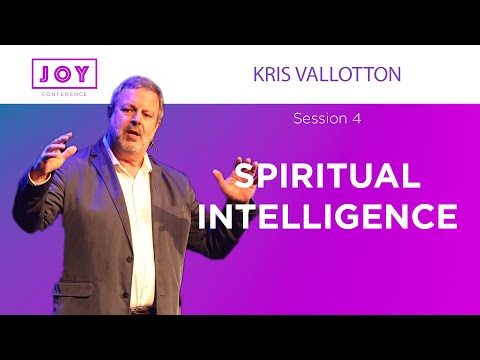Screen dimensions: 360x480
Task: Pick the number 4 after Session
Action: [x=356, y=119]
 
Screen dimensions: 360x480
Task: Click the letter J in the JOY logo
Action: [x=41, y=73]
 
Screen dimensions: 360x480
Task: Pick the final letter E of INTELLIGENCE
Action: [x=448, y=215]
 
